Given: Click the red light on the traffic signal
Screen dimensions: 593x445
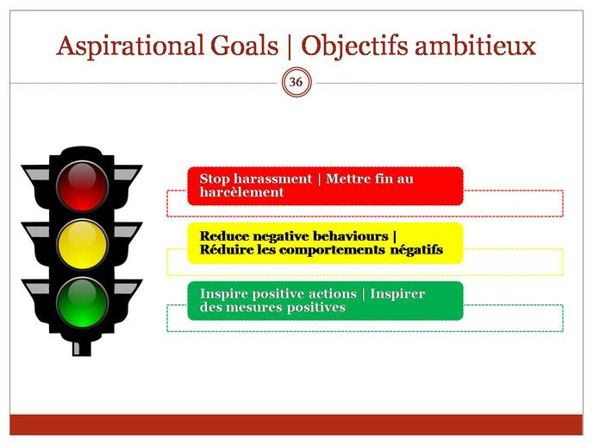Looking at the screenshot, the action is click(82, 185).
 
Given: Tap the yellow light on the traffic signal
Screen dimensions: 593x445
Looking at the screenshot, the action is click(82, 244).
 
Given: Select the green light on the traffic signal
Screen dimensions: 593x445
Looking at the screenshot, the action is click(82, 303).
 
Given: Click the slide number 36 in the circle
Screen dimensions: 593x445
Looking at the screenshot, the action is click(296, 82).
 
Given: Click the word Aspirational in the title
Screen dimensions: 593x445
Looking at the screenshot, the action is click(129, 47).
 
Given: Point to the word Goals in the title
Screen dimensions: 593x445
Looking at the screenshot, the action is click(244, 46).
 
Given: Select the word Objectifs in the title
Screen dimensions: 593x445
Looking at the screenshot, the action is click(354, 47).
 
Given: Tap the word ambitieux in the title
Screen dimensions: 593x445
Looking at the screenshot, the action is click(476, 46).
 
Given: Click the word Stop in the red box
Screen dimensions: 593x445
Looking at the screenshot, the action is click(215, 179).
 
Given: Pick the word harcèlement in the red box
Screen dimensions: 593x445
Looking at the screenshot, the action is click(241, 192).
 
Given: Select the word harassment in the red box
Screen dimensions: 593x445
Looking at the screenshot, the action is click(272, 179).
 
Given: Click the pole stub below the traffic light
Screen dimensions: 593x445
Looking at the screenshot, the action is click(82, 348).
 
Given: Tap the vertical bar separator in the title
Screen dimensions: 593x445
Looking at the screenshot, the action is click(290, 47).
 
